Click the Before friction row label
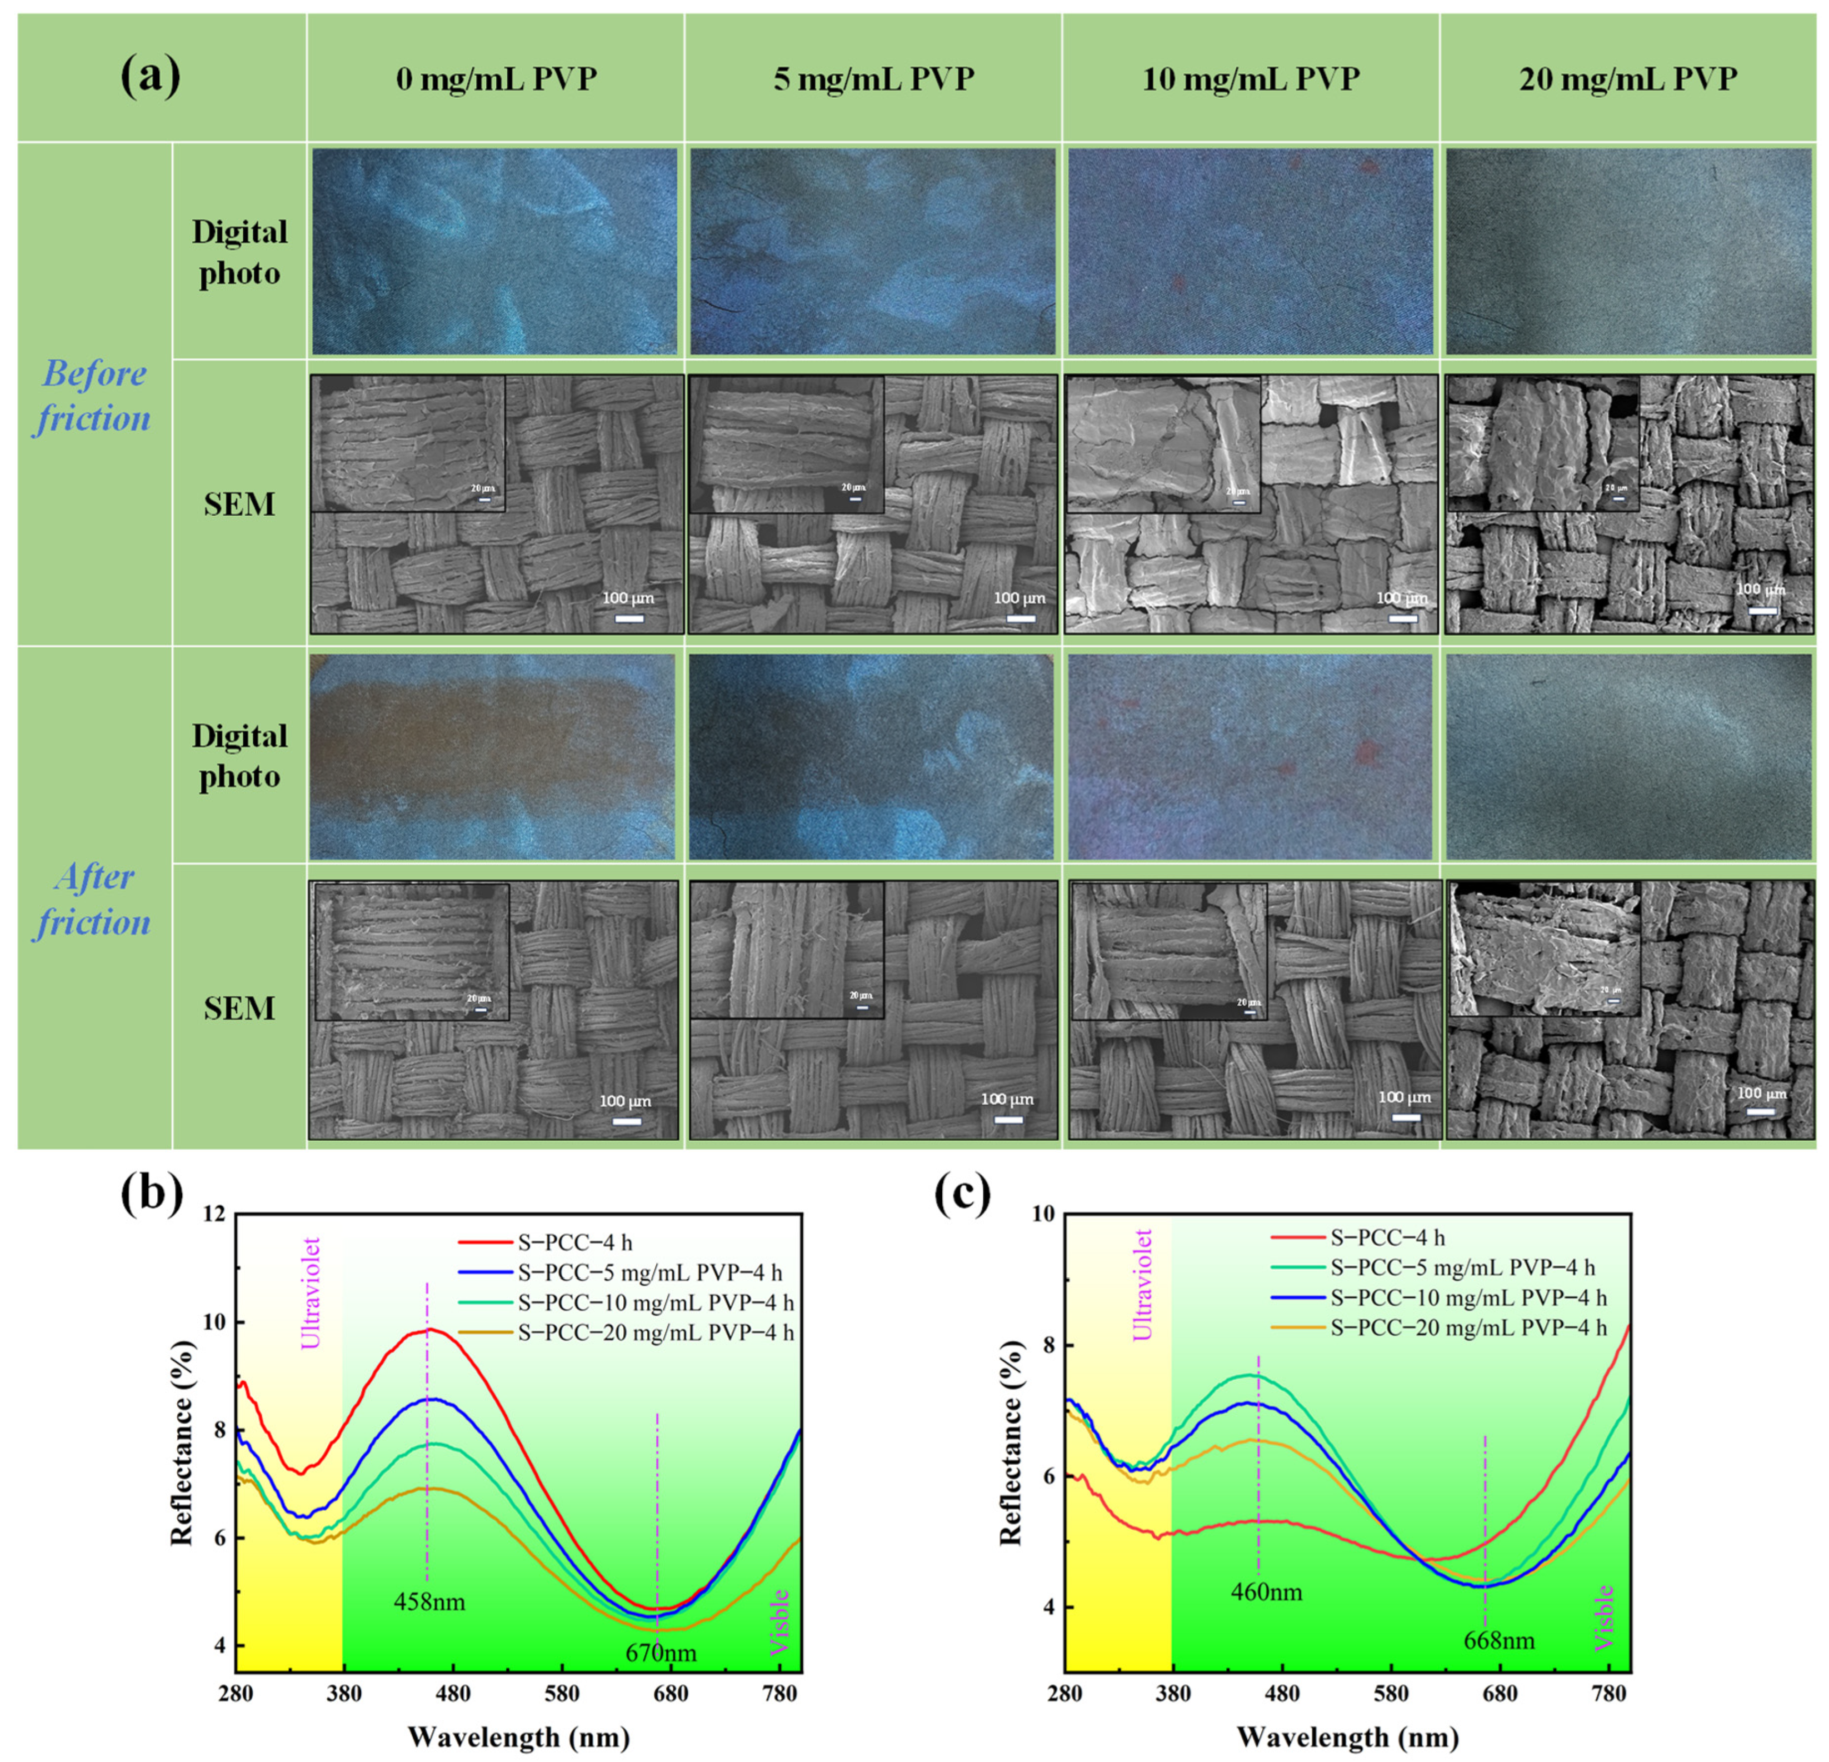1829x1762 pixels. tap(93, 396)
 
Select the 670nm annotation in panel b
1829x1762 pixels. tap(661, 1653)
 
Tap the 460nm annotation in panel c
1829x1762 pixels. tap(1266, 1591)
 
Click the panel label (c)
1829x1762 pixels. tap(963, 1196)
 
